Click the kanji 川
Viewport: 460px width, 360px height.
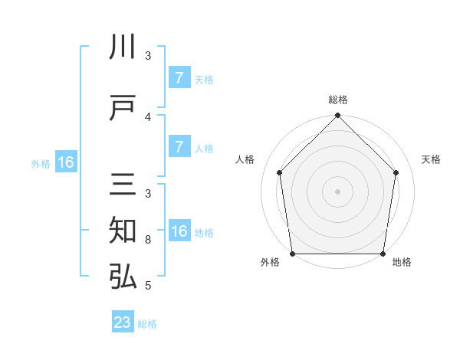[x=123, y=47]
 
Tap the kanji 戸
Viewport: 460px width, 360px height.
[x=123, y=109]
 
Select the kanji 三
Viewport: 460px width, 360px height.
[x=123, y=187]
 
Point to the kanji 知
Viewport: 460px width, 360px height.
[x=123, y=231]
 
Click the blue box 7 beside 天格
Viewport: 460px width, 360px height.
[x=179, y=77]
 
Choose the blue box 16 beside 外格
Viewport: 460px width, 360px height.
[x=65, y=162]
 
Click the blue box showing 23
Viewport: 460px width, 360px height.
[x=123, y=322]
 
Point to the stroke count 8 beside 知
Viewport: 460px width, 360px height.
[x=148, y=240]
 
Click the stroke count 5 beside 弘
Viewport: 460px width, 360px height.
[x=148, y=286]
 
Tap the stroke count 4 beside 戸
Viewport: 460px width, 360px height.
[x=148, y=116]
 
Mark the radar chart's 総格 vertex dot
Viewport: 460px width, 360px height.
[x=337, y=116]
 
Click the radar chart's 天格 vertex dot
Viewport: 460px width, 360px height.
[x=396, y=172]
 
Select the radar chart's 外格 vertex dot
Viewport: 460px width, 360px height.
[x=292, y=254]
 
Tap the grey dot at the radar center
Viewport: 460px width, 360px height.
[x=337, y=191]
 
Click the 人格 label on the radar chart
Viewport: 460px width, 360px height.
[x=245, y=159]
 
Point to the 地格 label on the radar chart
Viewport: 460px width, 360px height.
[x=402, y=263]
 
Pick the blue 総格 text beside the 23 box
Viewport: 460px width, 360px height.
[x=147, y=324]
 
